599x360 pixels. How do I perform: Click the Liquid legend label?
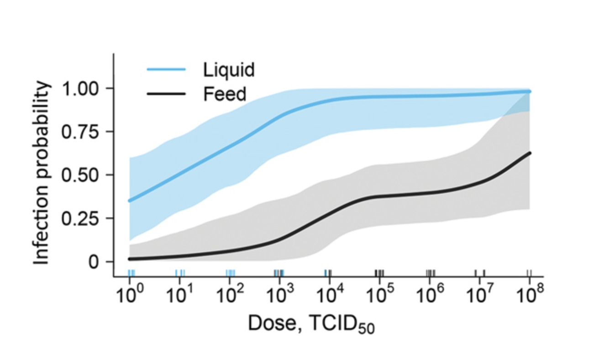[228, 70]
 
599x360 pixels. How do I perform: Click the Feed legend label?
[225, 94]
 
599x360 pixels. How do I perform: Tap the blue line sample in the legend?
[166, 69]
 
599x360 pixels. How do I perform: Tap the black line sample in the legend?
[166, 94]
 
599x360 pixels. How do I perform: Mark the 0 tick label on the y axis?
[94, 262]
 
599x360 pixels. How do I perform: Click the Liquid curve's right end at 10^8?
[530, 92]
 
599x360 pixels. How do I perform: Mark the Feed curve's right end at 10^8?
[530, 153]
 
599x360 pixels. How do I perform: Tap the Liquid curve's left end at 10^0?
[130, 201]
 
